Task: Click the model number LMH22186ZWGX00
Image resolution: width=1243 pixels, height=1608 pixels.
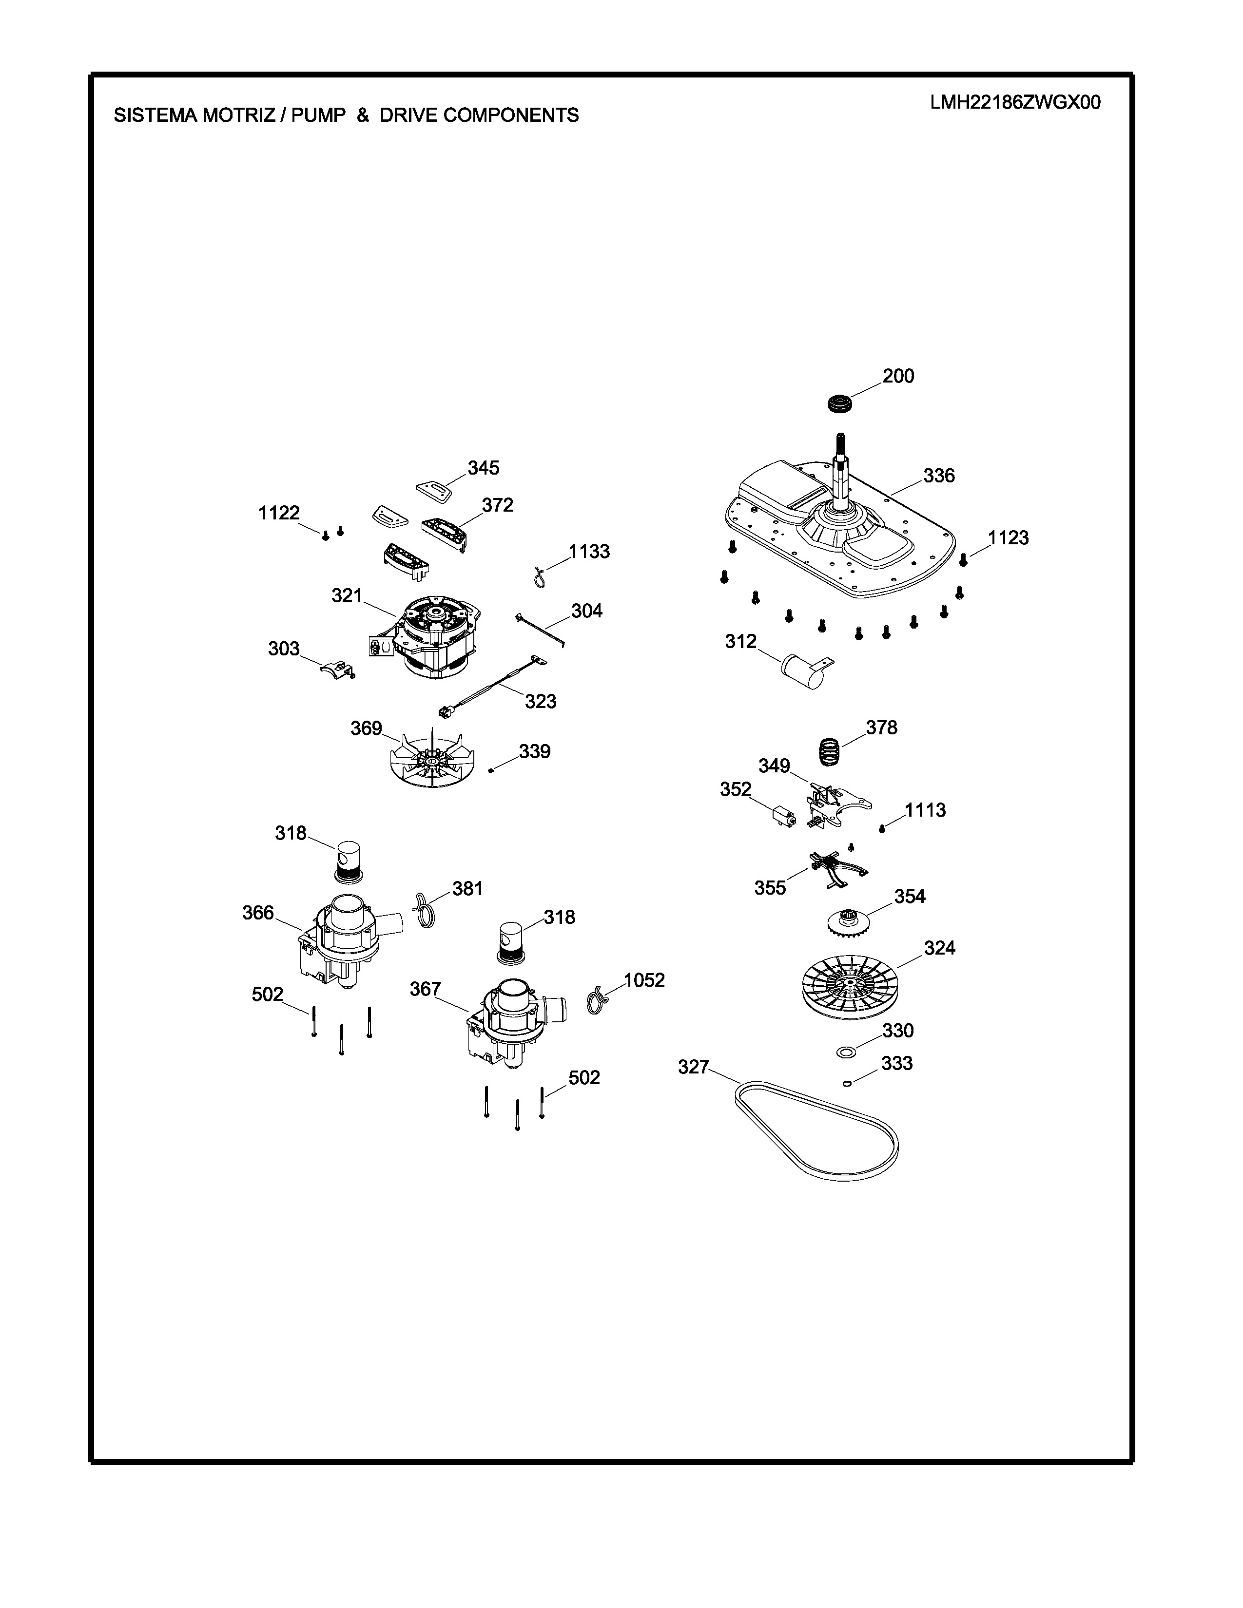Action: point(1015,102)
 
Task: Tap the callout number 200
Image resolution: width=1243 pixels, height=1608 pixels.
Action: point(898,376)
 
